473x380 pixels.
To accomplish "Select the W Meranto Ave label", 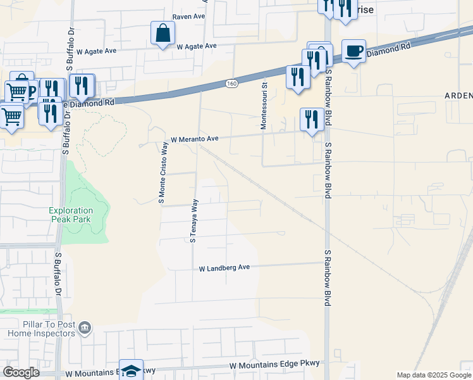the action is pyautogui.click(x=194, y=139).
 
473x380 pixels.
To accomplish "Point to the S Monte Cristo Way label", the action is pyautogui.click(x=164, y=173).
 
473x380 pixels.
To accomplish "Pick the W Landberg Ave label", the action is pyautogui.click(x=224, y=268).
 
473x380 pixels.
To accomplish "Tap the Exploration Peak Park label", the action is pyautogui.click(x=71, y=215).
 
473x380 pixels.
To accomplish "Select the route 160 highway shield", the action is pyautogui.click(x=231, y=83).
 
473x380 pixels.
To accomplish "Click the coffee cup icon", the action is pyautogui.click(x=354, y=51).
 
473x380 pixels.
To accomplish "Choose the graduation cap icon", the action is pyautogui.click(x=132, y=370).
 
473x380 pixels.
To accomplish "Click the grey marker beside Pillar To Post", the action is pyautogui.click(x=85, y=329).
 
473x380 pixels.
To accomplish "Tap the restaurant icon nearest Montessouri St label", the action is pyautogui.click(x=296, y=77).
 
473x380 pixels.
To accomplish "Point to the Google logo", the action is pyautogui.click(x=21, y=372).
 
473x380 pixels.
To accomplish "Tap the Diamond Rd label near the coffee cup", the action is pyautogui.click(x=388, y=49).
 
